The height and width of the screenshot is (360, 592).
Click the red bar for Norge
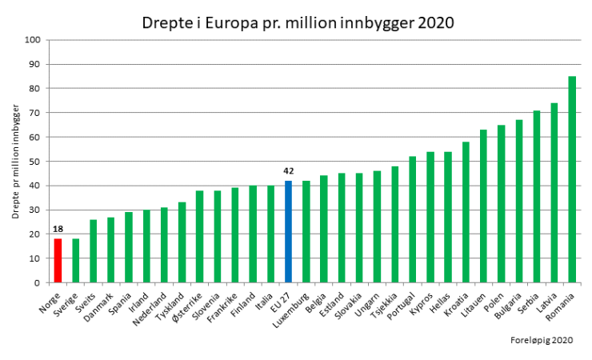point(58,261)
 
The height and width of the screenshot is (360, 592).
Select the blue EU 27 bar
point(289,232)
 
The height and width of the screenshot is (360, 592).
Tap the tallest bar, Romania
point(572,179)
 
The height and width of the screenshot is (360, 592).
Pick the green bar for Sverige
point(76,261)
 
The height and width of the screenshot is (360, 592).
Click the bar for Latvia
point(554,193)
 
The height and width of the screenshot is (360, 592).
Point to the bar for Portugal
point(413,219)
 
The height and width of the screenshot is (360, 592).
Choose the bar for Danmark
point(111,250)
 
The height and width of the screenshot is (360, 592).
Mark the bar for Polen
point(501,204)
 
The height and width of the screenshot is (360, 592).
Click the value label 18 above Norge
point(58,230)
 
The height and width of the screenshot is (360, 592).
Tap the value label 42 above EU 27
point(289,171)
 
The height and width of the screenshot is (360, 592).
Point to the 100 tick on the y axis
point(33,40)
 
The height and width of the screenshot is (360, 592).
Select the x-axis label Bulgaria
point(509,302)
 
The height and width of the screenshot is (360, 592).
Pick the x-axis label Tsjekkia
point(385,302)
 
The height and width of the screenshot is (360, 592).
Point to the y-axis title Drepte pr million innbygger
point(15,161)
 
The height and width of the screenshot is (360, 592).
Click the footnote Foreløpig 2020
point(542,341)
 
